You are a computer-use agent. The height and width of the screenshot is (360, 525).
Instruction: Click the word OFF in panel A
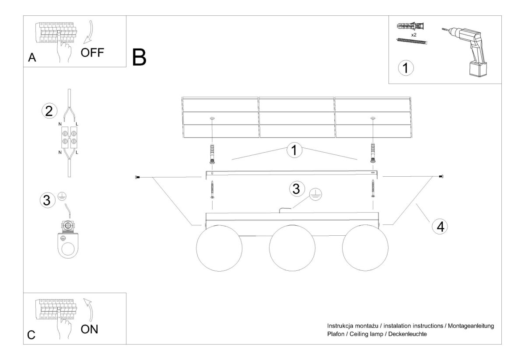(92, 53)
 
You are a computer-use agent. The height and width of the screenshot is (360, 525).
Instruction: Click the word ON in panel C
(89, 329)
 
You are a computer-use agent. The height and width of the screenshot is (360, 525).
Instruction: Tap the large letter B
(139, 57)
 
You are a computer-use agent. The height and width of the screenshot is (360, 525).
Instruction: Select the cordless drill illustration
(465, 52)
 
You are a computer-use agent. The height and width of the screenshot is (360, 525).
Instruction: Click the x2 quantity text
(414, 35)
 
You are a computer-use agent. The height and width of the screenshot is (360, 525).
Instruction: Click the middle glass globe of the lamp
(292, 248)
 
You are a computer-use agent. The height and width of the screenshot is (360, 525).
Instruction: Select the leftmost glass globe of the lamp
(219, 248)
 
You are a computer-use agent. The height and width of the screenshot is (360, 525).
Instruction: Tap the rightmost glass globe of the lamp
(365, 248)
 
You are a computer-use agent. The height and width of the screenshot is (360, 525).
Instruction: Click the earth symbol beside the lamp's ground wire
(315, 194)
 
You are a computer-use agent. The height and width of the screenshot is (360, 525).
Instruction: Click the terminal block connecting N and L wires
(69, 137)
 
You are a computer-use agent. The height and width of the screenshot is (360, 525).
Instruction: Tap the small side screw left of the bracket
(137, 178)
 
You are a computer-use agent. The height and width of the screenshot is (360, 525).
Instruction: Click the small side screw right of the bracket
(441, 176)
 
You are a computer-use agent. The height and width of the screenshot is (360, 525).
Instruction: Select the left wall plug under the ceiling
(212, 154)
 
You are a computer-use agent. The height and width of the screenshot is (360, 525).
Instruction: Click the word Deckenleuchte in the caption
(407, 334)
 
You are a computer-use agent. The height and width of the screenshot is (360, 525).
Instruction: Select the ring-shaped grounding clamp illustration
(68, 239)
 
